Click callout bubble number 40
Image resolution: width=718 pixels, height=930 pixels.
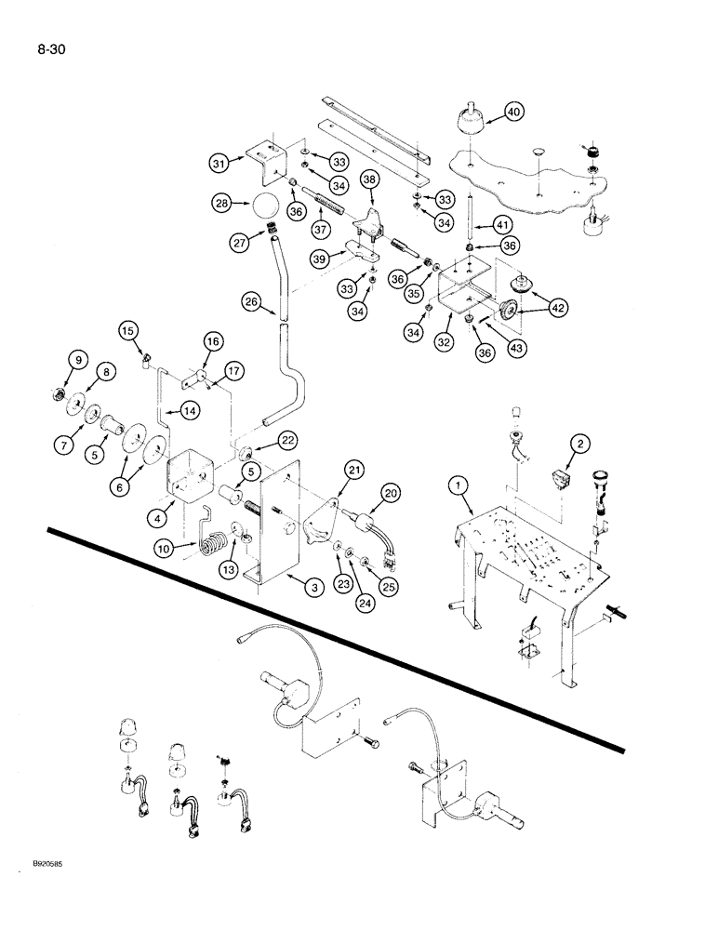512,113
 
